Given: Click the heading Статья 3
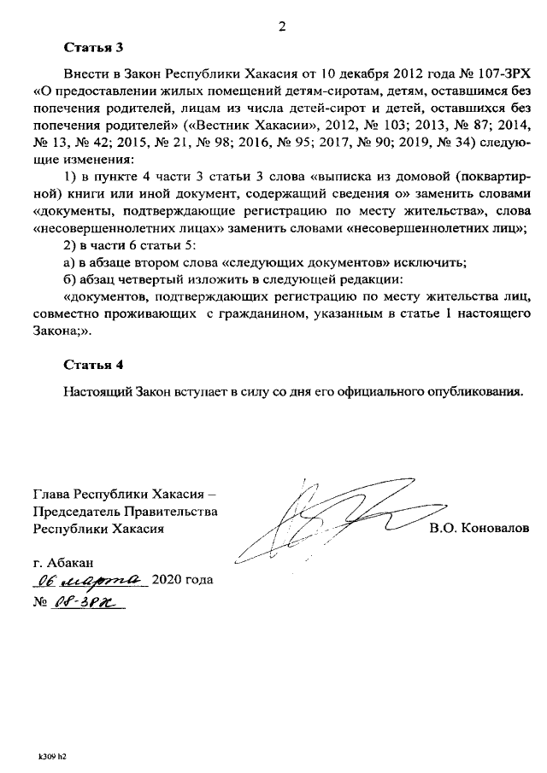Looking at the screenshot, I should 93,48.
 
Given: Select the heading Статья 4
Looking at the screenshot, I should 93,366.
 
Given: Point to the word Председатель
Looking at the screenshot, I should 78,512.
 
